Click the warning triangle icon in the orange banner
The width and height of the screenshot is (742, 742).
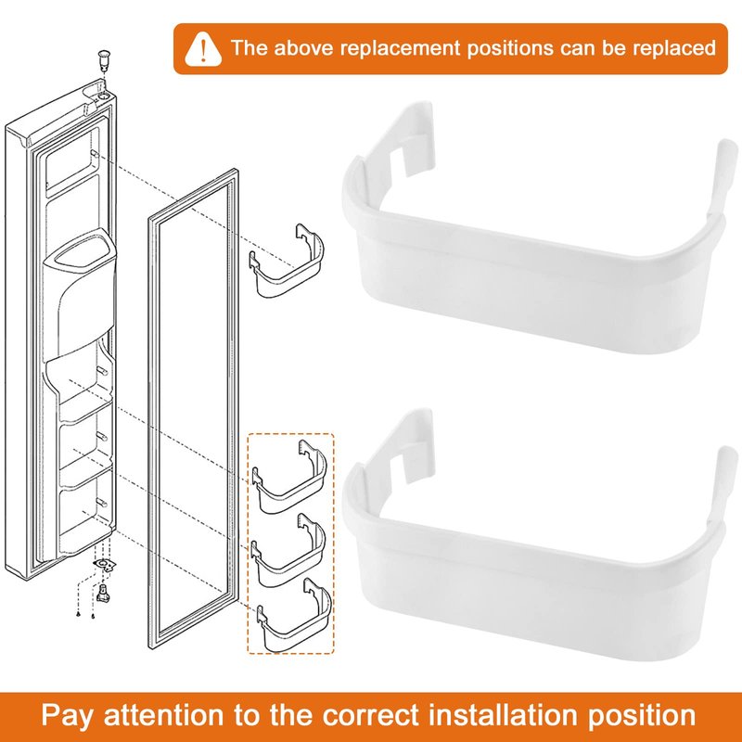tap(203, 49)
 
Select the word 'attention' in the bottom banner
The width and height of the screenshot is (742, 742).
tap(163, 715)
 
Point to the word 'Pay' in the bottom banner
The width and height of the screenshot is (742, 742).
tap(67, 716)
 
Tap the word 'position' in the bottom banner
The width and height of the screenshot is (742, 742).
tap(642, 716)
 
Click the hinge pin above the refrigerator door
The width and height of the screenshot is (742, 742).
tap(103, 59)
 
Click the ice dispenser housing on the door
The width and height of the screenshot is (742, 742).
tap(80, 293)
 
